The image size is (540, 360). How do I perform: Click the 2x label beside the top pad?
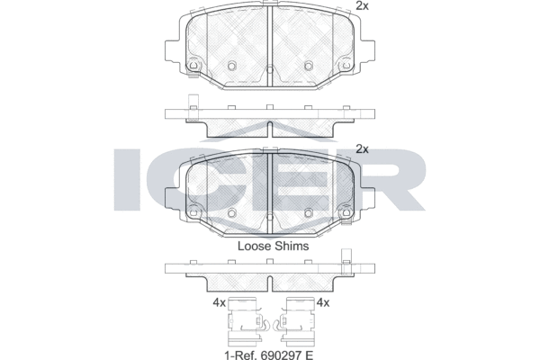(x=362, y=6)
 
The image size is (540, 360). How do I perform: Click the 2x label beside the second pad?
(x=362, y=149)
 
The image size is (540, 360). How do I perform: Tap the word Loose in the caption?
(x=255, y=246)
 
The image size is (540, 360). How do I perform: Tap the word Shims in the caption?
(x=292, y=246)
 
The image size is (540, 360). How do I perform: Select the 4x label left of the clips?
(x=219, y=302)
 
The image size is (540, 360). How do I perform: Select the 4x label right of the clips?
(x=323, y=302)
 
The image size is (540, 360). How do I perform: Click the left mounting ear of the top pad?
(x=172, y=51)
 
